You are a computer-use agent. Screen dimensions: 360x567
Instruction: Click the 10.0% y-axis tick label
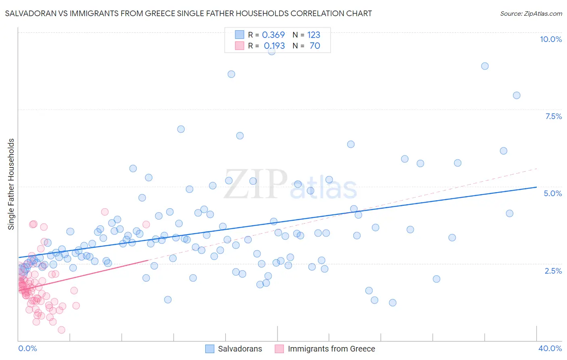coord(550,39)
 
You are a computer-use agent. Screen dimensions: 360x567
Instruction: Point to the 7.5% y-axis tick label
coord(553,116)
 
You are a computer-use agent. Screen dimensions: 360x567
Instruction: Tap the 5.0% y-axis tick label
coord(552,193)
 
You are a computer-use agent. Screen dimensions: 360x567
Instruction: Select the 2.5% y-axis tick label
coord(553,271)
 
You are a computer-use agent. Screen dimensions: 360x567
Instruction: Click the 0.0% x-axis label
coord(27,348)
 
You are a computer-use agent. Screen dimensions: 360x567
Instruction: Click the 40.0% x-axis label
coord(550,348)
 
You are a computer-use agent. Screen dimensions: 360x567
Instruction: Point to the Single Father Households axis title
coord(11,184)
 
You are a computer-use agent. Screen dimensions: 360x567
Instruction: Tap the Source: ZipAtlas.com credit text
coord(531,13)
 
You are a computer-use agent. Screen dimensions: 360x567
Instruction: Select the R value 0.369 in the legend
coord(273,35)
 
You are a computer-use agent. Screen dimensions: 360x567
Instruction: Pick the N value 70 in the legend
coord(315,46)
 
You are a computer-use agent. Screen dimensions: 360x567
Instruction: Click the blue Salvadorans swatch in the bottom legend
coord(210,349)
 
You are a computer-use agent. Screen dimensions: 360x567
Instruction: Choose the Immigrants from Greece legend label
coord(331,349)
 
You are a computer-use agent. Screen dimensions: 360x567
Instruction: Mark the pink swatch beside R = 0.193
coord(240,46)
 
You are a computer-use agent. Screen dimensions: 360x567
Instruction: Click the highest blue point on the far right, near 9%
coord(485,66)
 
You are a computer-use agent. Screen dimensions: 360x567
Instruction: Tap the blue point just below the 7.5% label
coord(517,96)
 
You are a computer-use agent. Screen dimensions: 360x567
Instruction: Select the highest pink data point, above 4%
coord(105,212)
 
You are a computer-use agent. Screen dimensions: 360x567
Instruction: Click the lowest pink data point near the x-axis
coord(62,330)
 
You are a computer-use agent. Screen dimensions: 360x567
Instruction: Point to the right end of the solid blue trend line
coord(536,187)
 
